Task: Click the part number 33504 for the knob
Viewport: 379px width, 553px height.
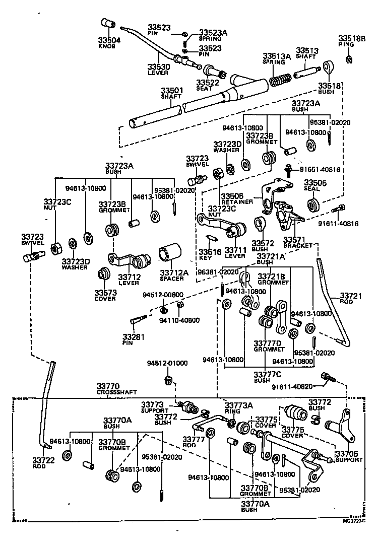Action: [x=107, y=40]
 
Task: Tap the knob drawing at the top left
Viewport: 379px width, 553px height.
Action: [x=107, y=23]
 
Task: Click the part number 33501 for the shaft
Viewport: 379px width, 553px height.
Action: [x=172, y=91]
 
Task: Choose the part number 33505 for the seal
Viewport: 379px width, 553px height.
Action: [x=315, y=183]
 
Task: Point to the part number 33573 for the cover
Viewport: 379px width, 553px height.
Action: [x=105, y=293]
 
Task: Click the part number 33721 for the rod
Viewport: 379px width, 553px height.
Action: [x=351, y=296]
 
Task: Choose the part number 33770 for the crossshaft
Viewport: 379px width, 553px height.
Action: [x=109, y=386]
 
